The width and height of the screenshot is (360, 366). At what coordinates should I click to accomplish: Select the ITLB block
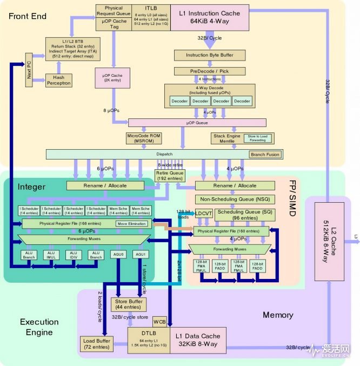pyautogui.click(x=151, y=17)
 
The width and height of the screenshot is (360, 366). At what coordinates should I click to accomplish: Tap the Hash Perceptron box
pyautogui.click(x=58, y=80)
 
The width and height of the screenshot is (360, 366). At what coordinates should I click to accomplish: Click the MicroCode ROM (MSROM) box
pyautogui.click(x=144, y=138)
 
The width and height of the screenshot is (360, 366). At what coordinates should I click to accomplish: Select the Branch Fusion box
pyautogui.click(x=265, y=155)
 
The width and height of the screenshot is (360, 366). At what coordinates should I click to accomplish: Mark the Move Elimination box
pyautogui.click(x=131, y=223)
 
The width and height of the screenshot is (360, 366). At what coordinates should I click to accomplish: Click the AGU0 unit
pyautogui.click(x=119, y=255)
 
